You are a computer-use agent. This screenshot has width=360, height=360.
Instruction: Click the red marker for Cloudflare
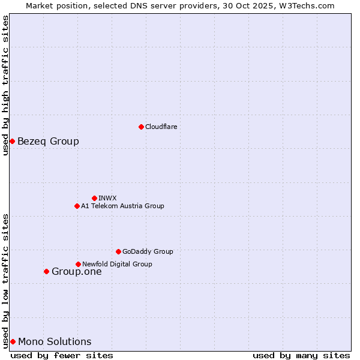click(x=141, y=127)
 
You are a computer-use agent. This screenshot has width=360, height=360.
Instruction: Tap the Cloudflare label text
click(x=161, y=127)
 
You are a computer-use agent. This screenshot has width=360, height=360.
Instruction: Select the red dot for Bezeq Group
click(x=12, y=141)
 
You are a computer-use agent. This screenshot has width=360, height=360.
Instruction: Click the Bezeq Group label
click(x=48, y=142)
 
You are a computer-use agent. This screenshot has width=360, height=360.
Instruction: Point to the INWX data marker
click(x=94, y=198)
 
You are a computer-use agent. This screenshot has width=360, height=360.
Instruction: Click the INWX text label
click(x=107, y=198)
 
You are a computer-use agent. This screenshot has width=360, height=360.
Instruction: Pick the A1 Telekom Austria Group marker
click(x=77, y=206)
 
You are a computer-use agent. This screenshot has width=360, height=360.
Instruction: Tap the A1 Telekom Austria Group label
click(x=122, y=206)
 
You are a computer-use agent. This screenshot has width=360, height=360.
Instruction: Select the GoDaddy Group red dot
click(x=118, y=251)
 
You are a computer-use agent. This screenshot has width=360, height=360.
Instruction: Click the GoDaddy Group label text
click(x=148, y=251)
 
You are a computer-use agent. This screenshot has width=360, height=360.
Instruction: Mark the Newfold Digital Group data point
click(x=78, y=264)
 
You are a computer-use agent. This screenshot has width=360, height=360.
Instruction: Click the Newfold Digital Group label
click(x=117, y=264)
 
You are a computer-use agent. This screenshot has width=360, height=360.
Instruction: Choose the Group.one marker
click(x=46, y=271)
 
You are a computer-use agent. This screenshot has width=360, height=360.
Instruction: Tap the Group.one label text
click(x=76, y=272)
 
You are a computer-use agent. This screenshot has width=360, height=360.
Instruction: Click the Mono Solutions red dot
click(x=13, y=341)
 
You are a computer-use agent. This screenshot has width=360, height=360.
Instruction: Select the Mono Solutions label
click(x=55, y=342)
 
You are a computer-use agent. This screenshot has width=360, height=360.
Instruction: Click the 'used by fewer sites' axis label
click(x=62, y=355)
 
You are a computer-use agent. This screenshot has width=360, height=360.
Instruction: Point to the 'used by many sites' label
click(x=301, y=355)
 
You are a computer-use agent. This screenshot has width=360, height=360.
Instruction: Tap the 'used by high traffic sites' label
click(x=6, y=85)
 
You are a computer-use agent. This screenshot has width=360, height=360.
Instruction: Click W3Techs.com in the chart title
click(x=306, y=5)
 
